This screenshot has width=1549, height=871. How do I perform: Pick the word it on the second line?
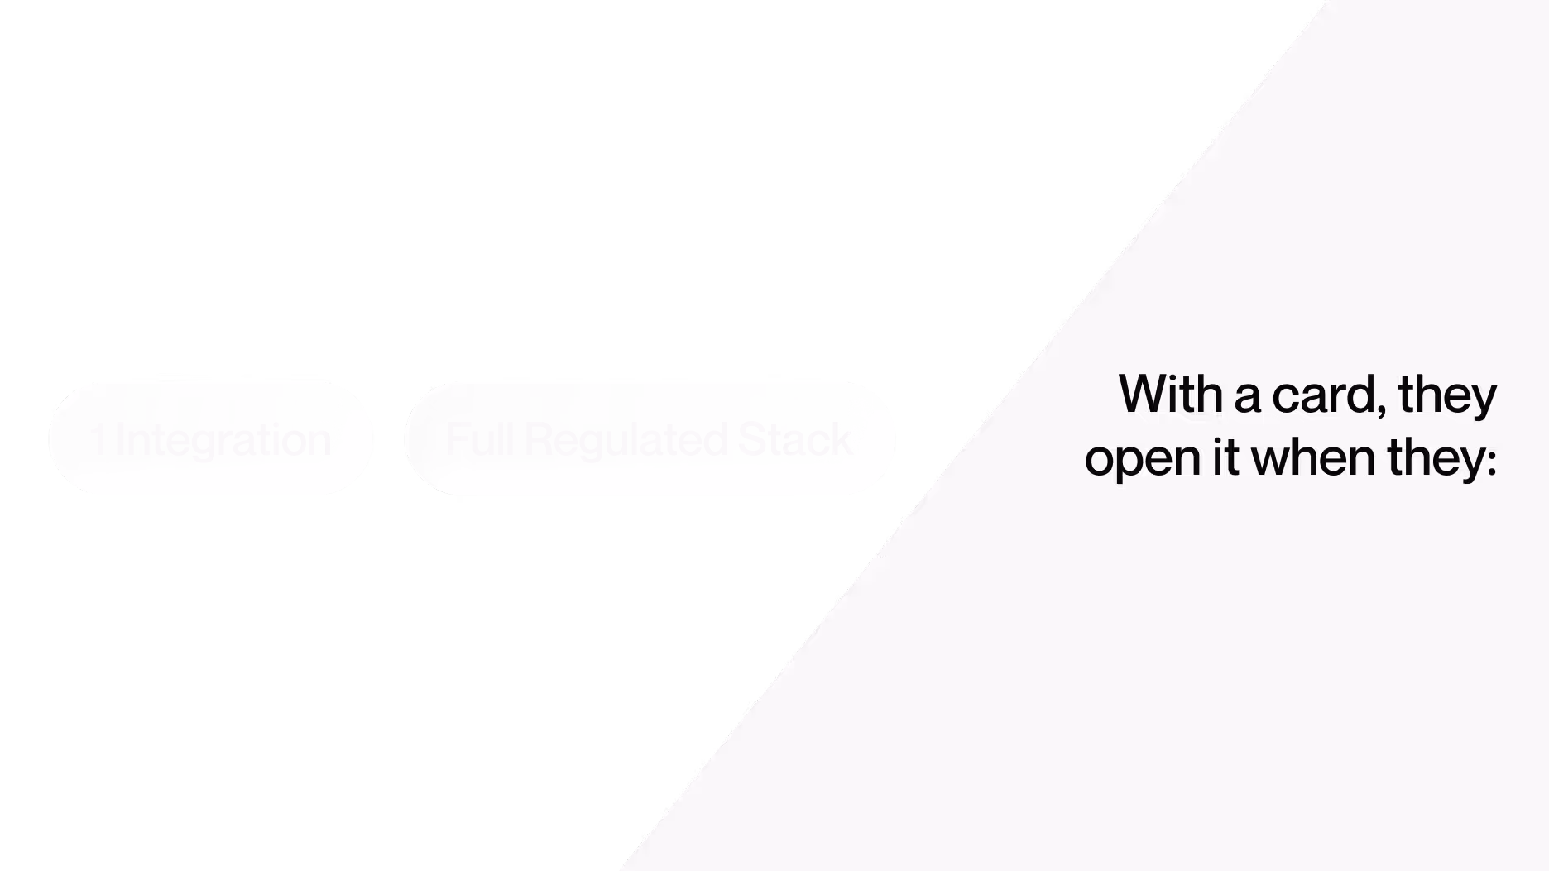1225,457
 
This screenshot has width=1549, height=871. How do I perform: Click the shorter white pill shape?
211,438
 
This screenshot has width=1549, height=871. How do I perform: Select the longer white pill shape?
650,438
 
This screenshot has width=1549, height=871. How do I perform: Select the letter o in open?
1100,460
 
